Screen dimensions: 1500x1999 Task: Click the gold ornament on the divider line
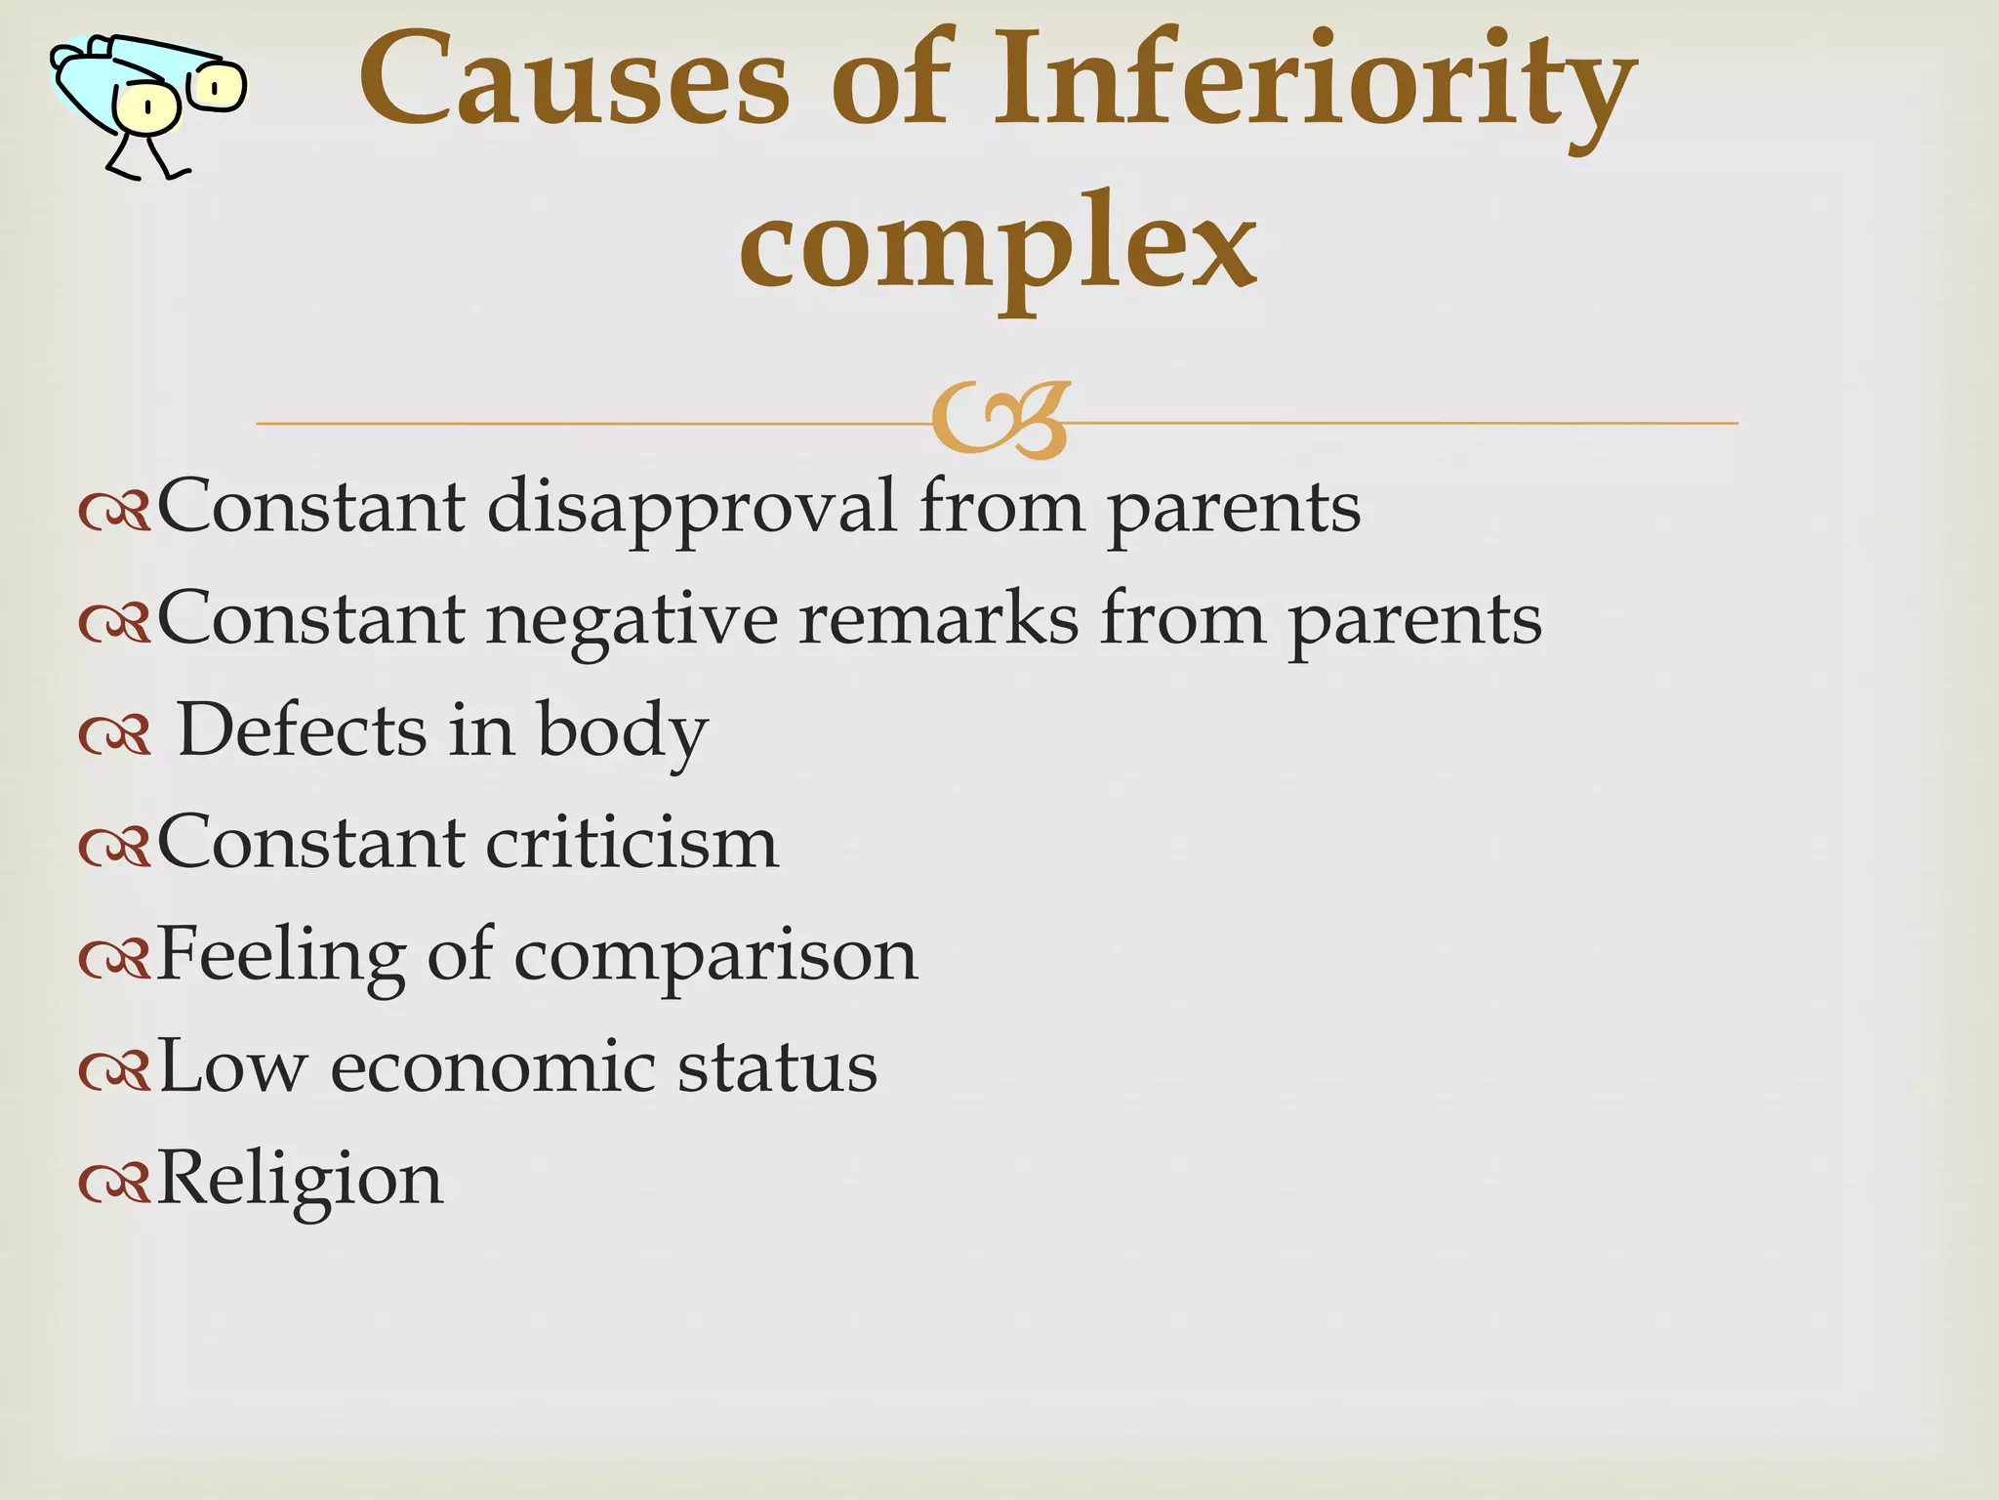point(1000,421)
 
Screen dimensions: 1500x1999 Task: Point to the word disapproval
point(691,508)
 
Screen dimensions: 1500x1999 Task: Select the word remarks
point(938,619)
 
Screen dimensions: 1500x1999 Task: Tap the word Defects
point(303,730)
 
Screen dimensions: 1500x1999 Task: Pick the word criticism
point(632,842)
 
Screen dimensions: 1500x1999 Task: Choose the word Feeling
point(280,955)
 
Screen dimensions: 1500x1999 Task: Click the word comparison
point(715,957)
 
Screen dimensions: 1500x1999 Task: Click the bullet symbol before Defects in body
point(114,735)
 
